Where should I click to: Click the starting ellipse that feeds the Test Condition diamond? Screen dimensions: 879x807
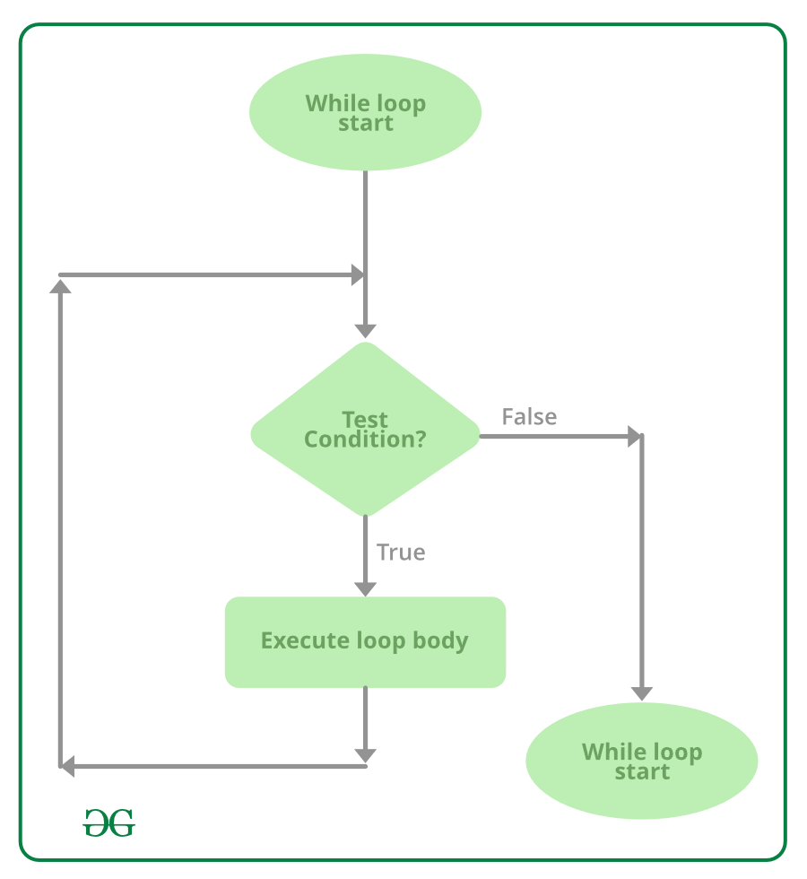click(365, 113)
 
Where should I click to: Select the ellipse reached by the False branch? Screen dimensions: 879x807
click(641, 761)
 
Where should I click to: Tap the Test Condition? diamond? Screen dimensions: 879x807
click(365, 430)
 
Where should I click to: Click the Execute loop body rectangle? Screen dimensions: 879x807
click(365, 641)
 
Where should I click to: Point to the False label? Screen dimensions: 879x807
click(529, 417)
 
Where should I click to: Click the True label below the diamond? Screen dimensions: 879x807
click(401, 553)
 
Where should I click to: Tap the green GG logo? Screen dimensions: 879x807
click(108, 822)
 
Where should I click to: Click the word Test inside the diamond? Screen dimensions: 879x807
click(365, 420)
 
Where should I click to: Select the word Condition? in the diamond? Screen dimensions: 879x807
click(365, 439)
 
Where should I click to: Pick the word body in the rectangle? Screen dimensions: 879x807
click(440, 641)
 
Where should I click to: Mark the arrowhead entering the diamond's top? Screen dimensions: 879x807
click(365, 329)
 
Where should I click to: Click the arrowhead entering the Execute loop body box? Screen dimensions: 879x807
click(365, 587)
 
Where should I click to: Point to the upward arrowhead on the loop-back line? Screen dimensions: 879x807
click(60, 285)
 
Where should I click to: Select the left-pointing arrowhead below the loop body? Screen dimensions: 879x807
click(67, 766)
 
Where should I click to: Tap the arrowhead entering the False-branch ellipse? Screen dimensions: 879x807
click(641, 692)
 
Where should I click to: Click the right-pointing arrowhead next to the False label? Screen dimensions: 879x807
click(635, 437)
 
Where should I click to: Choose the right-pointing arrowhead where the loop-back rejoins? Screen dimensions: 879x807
click(357, 274)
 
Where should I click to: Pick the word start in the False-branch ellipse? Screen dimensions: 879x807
click(642, 771)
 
